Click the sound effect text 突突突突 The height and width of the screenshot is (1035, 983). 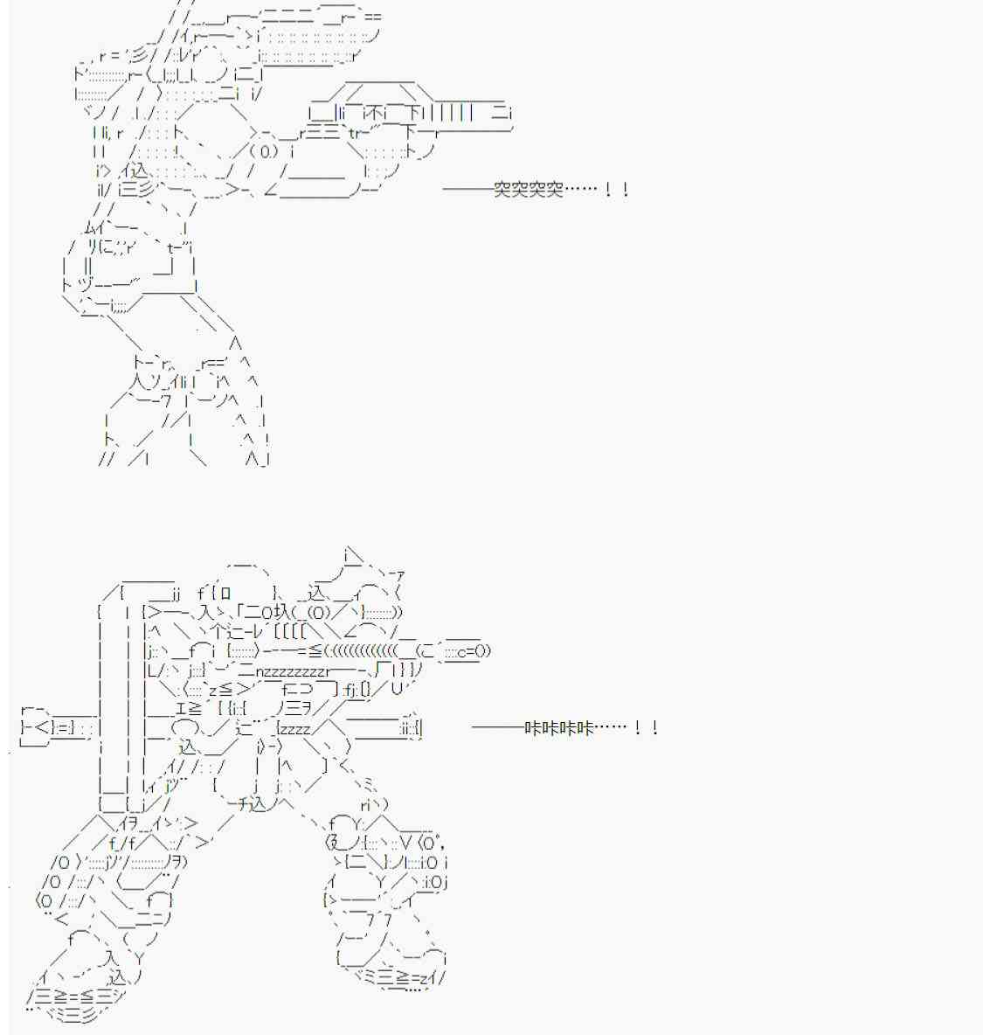point(529,190)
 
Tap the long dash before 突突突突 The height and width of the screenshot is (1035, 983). point(467,190)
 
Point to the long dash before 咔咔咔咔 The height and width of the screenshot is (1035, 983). point(498,728)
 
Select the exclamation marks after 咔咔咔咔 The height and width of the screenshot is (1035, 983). point(646,728)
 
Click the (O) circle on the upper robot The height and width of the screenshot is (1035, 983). point(266,152)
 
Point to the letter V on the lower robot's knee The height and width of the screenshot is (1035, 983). point(406,843)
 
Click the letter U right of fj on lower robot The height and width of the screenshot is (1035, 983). point(397,689)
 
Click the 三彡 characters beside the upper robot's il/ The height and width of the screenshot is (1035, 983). point(136,190)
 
